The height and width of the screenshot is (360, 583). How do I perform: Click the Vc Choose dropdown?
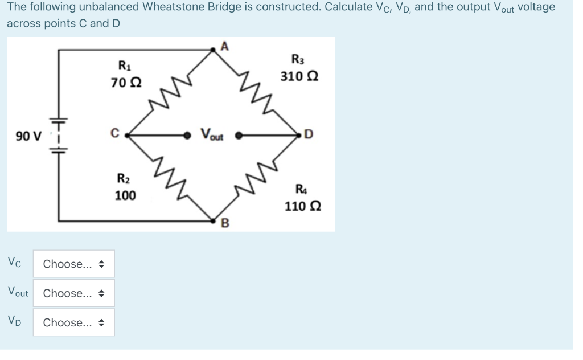point(73,264)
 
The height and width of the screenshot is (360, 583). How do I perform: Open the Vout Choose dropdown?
point(73,293)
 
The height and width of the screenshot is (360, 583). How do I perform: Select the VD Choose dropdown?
point(73,322)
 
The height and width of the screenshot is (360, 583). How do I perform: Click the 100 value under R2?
point(125,196)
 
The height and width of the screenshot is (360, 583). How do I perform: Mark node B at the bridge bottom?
point(224,223)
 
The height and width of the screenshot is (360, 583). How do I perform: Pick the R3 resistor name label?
point(297,59)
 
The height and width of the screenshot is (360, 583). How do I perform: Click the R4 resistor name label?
point(299,189)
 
